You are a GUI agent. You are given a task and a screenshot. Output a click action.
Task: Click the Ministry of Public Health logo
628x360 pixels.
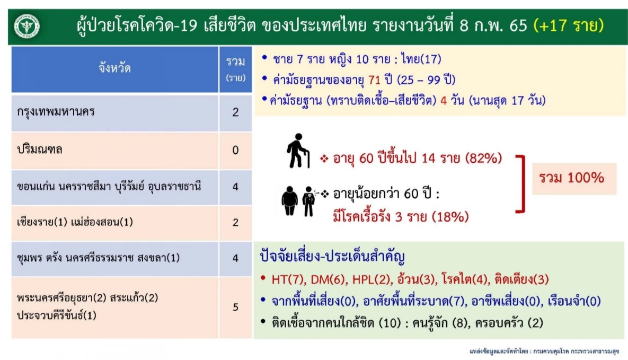(27, 27)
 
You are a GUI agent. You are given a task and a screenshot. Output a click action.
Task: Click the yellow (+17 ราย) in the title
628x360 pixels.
(569, 25)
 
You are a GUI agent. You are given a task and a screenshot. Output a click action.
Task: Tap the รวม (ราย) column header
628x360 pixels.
(235, 69)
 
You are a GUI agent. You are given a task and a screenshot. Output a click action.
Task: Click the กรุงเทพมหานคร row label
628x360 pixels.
(56, 112)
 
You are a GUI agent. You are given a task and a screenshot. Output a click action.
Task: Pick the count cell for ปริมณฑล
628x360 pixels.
(235, 151)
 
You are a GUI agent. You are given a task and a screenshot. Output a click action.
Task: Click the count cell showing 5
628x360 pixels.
(235, 307)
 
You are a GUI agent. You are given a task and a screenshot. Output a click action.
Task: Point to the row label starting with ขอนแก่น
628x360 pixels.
(109, 187)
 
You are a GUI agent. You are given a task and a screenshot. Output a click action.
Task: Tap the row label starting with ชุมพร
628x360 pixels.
(99, 258)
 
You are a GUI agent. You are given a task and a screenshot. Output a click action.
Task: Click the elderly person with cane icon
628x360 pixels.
(298, 151)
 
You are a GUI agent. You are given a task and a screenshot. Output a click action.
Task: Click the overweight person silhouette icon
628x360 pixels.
(289, 201)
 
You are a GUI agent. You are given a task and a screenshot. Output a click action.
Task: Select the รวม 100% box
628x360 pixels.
(574, 178)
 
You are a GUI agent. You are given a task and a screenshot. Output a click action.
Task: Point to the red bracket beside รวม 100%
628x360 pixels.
(522, 183)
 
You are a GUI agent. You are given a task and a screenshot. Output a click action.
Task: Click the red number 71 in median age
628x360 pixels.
(374, 80)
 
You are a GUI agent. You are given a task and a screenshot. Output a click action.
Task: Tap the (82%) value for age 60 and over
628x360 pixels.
(483, 159)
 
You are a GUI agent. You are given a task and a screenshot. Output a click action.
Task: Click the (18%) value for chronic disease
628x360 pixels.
(450, 217)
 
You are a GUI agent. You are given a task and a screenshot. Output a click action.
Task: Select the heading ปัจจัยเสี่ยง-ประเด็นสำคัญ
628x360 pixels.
(332, 256)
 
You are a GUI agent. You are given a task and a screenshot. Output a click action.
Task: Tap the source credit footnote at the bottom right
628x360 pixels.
(544, 352)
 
